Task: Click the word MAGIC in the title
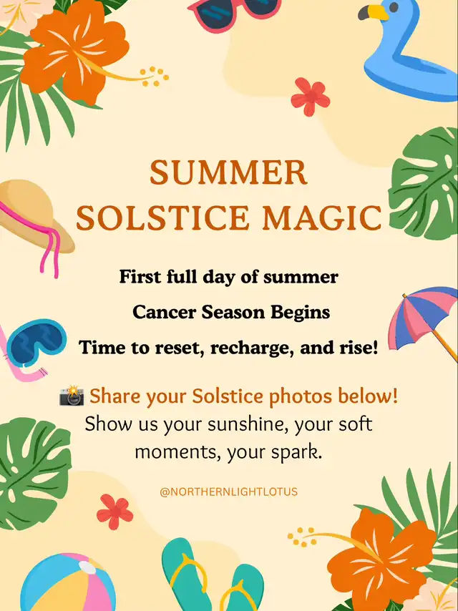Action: click(x=321, y=217)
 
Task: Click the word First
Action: click(x=140, y=277)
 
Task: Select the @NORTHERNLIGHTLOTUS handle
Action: click(x=229, y=492)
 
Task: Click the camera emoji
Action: click(x=72, y=396)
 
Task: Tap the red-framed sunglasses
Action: click(x=234, y=12)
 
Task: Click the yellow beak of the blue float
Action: click(x=378, y=12)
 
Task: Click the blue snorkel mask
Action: click(x=36, y=342)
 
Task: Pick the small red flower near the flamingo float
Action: click(x=311, y=97)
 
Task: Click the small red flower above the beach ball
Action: click(x=114, y=512)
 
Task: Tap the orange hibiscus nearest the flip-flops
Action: click(x=380, y=560)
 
